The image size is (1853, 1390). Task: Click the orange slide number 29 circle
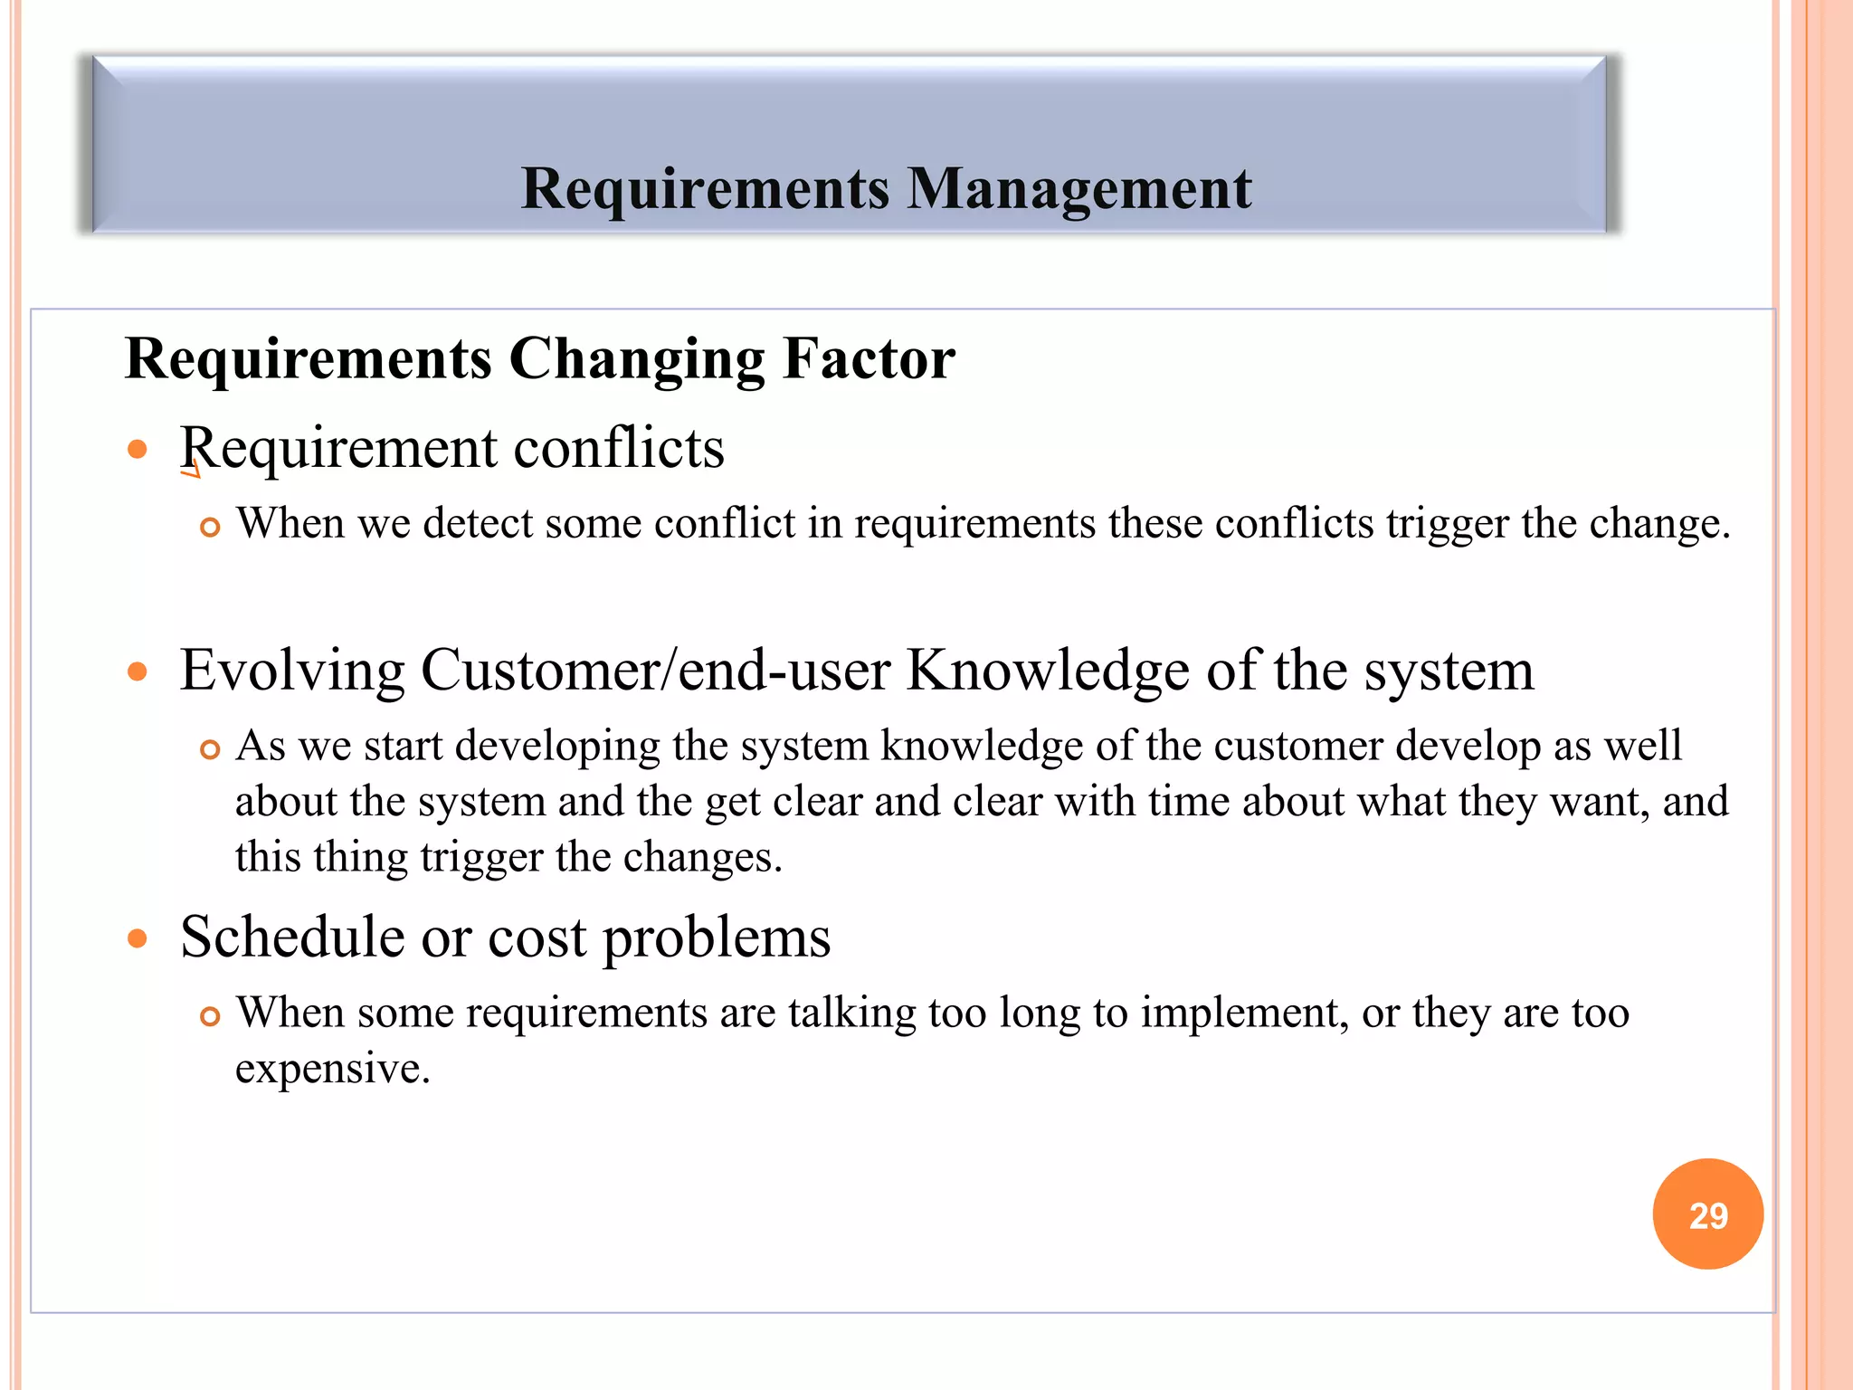coord(1707,1214)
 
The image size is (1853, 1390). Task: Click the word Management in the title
coord(1079,189)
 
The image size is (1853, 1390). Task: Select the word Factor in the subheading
coord(869,358)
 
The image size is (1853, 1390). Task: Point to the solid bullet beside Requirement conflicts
coord(138,449)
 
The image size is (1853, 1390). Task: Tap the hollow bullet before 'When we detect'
coord(210,527)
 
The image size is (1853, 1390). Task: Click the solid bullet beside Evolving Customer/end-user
coord(138,671)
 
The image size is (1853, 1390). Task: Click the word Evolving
coord(291,671)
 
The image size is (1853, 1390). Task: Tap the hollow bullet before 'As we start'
coord(210,749)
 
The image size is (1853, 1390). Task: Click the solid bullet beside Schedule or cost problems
coord(138,938)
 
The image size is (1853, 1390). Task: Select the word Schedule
coord(292,936)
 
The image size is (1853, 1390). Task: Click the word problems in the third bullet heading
coord(717,938)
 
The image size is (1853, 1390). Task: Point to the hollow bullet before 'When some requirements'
coord(210,1016)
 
